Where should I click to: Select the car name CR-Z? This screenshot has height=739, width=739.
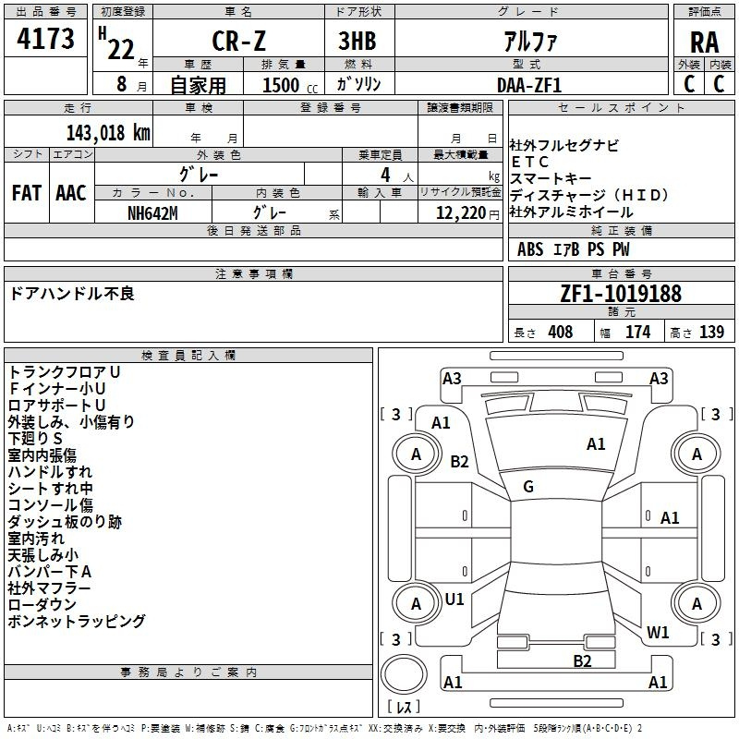coord(237,42)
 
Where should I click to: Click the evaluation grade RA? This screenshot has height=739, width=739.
coord(704,42)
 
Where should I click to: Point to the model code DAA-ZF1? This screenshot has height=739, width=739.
coord(528,84)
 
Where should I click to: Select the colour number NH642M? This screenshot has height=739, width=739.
coord(153,212)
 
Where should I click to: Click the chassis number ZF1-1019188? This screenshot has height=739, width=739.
coord(621,294)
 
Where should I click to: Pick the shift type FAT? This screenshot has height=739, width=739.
coord(26,192)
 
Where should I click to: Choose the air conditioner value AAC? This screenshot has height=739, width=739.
coord(70,192)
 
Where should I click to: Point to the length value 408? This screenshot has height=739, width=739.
coord(560,332)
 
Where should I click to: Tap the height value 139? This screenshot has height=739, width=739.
coord(711,332)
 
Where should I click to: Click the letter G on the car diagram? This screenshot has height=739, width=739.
coord(528,486)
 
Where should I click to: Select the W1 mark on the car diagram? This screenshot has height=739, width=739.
coord(658,633)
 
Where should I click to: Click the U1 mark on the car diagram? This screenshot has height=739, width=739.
coord(454,599)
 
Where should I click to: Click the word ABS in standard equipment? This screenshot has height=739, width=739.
coord(530,249)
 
